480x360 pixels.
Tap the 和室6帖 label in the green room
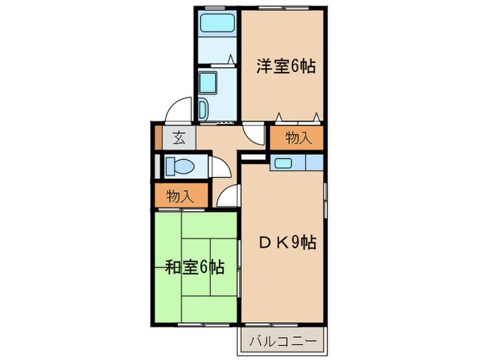(x=194, y=266)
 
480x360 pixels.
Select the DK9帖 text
(x=287, y=242)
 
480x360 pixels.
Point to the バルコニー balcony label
(x=283, y=341)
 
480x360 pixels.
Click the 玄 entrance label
(x=178, y=137)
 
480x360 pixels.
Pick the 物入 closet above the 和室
(x=180, y=197)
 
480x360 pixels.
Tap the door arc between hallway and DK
(x=228, y=197)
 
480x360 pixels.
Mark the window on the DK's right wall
(x=325, y=202)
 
